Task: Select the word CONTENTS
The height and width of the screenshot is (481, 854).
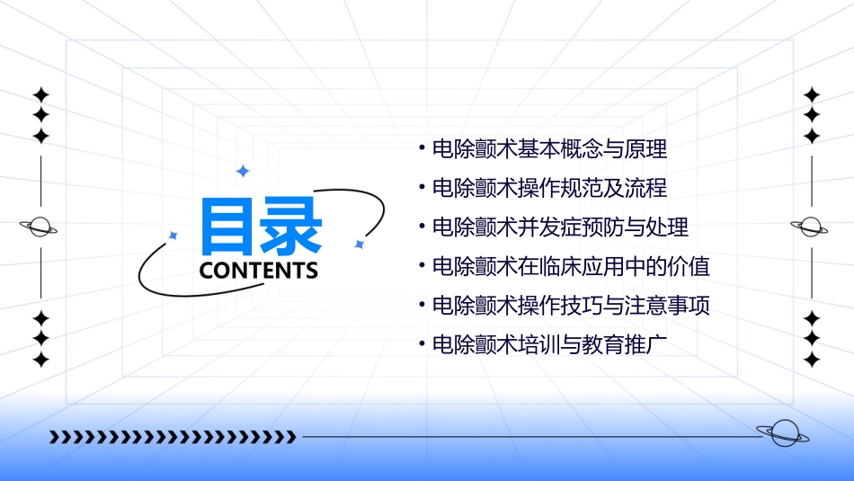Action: [259, 271]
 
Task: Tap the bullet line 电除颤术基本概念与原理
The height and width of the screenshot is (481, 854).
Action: [549, 148]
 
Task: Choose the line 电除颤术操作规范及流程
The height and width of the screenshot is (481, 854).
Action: [549, 188]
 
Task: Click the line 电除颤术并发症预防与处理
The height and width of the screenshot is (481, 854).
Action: [560, 227]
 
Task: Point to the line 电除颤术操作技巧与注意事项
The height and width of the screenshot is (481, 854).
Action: [571, 306]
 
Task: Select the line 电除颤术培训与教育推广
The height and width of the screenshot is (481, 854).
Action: [549, 345]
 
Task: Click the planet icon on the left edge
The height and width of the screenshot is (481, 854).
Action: [40, 227]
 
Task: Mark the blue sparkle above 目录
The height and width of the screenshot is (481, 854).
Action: [242, 171]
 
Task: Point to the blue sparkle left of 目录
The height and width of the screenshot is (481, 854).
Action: [173, 236]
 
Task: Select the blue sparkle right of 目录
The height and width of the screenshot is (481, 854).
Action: [359, 244]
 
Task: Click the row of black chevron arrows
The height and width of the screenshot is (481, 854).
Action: [173, 437]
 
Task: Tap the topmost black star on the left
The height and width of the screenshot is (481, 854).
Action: [40, 94]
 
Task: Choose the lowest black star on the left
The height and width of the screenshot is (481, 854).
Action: [40, 360]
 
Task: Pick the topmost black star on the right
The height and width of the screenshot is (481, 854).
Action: [812, 94]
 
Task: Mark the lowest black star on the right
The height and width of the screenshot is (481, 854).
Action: [812, 360]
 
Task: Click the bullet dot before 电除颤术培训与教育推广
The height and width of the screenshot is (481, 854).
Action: [422, 345]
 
